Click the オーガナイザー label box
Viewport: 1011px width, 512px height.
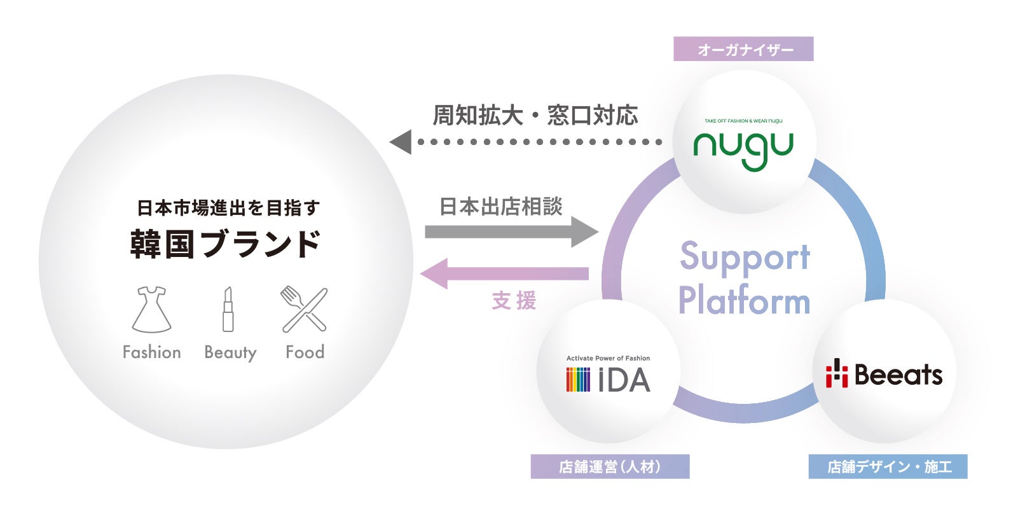[x=743, y=49]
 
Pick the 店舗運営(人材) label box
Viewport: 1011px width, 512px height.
[x=610, y=467]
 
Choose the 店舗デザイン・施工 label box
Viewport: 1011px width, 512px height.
[x=888, y=467]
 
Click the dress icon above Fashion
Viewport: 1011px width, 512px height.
[x=151, y=310]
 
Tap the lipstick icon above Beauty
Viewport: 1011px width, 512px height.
[x=228, y=310]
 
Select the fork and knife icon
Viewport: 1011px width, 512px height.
[x=305, y=310]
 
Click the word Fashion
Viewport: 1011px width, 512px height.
[x=151, y=352]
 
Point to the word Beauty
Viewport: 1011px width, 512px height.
[x=230, y=352]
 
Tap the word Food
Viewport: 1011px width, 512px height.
[x=305, y=352]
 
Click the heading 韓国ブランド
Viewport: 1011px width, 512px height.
[x=226, y=244]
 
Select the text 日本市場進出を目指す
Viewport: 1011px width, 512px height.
[x=228, y=207]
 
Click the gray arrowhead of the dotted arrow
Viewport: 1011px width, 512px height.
[x=401, y=142]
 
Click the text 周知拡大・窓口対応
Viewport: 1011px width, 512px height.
[x=535, y=116]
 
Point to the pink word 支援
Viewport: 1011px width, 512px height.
[x=514, y=301]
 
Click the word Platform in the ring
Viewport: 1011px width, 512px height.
[x=744, y=301]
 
